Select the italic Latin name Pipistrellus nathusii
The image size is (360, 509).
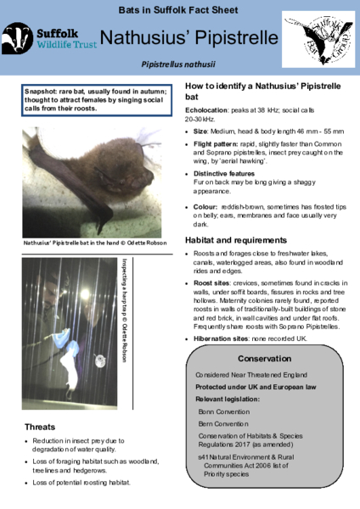[179, 64]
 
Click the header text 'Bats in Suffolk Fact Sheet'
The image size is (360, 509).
[179, 8]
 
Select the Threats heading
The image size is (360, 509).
[41, 426]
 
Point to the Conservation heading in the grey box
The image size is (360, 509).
[264, 359]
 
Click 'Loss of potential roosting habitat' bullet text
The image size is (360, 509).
[83, 483]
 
